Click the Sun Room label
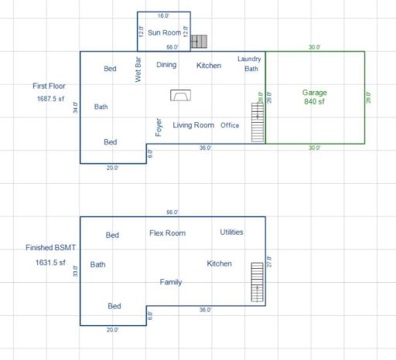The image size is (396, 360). [x=164, y=32]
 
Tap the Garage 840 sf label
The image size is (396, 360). [x=315, y=97]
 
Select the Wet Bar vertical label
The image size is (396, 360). [x=138, y=69]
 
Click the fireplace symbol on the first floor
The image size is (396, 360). [x=181, y=95]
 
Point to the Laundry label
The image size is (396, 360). [x=249, y=59]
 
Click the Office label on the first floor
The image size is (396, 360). [x=230, y=125]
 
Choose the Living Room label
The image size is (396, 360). [x=193, y=125]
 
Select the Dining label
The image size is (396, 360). [x=166, y=65]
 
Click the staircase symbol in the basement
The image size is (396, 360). [x=257, y=284]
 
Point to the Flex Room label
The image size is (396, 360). [x=167, y=233]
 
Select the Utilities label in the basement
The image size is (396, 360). [x=231, y=232]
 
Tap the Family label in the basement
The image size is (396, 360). [x=171, y=282]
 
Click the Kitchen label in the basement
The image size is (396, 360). [x=219, y=263]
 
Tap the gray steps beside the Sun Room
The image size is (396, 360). [x=200, y=41]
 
